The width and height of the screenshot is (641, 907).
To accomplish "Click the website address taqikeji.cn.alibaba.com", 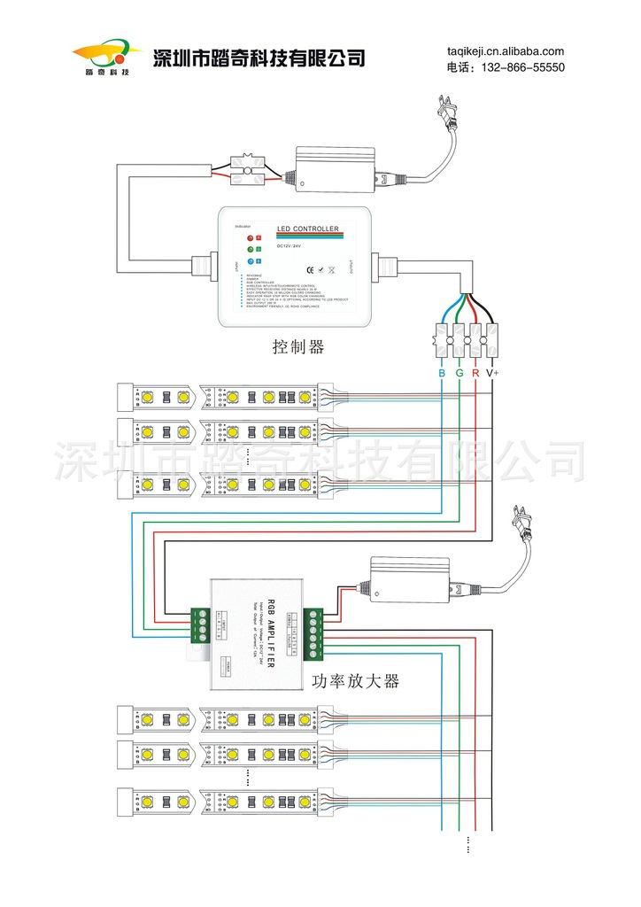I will tap(505, 51).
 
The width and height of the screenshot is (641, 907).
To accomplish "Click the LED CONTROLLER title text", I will tap(308, 229).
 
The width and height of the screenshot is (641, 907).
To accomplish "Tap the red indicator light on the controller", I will tap(251, 238).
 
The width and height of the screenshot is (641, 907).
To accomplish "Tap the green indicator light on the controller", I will tap(251, 250).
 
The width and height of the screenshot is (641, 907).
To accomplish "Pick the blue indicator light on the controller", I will tap(251, 261).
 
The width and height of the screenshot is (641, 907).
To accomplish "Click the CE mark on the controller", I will tap(309, 269).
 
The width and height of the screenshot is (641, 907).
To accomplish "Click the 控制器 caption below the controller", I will tap(298, 347).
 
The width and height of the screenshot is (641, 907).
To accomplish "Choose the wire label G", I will tap(460, 374).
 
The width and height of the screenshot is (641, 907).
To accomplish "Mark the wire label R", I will tap(475, 374).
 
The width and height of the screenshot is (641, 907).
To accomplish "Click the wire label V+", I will tap(492, 374).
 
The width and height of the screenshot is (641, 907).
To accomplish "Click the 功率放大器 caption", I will tap(356, 681).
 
